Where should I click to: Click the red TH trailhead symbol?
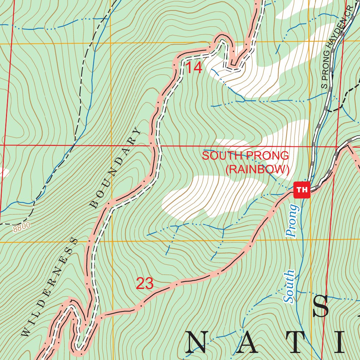(x=302, y=190)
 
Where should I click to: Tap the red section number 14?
(x=194, y=68)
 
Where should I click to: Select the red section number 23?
(x=145, y=283)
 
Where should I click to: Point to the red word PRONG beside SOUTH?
(x=267, y=155)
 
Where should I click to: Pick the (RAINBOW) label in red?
(x=257, y=169)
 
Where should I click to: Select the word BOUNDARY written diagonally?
(x=116, y=168)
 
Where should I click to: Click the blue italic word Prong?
(x=292, y=220)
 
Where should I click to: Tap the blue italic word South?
(x=289, y=286)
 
